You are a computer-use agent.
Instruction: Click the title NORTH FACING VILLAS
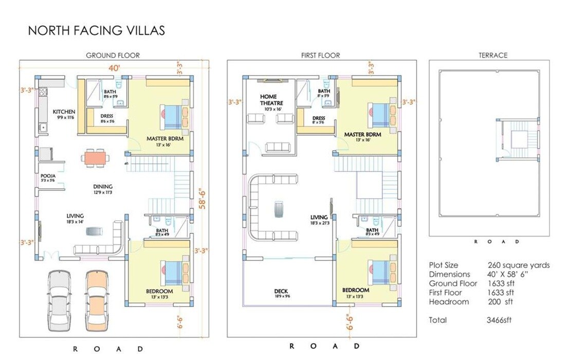click(x=96, y=30)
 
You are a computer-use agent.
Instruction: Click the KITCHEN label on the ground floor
click(x=64, y=112)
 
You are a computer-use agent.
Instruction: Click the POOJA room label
click(x=48, y=175)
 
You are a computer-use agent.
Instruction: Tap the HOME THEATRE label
click(x=268, y=100)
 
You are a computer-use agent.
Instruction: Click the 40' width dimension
click(x=114, y=67)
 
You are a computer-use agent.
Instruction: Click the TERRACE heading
click(x=493, y=55)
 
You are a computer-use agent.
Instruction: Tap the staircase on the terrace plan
click(x=517, y=139)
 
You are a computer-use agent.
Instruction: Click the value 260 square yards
click(x=519, y=265)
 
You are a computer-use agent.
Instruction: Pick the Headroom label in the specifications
click(x=449, y=302)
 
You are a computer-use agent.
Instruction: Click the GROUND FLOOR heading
click(x=113, y=55)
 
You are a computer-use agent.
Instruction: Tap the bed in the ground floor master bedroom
click(x=172, y=117)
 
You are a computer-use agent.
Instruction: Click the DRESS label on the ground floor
click(x=106, y=116)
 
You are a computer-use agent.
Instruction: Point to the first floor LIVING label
click(x=319, y=217)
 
